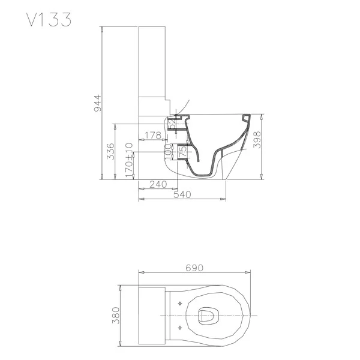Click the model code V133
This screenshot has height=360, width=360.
pos(49,19)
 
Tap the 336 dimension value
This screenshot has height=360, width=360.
pos(110,152)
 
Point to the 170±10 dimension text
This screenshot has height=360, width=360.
pos(128,159)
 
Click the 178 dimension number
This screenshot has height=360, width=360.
pos(153,136)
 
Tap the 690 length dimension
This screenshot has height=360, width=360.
pos(194,268)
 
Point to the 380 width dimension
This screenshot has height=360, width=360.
pos(116,314)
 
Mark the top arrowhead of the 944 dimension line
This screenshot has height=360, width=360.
pos(103,29)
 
